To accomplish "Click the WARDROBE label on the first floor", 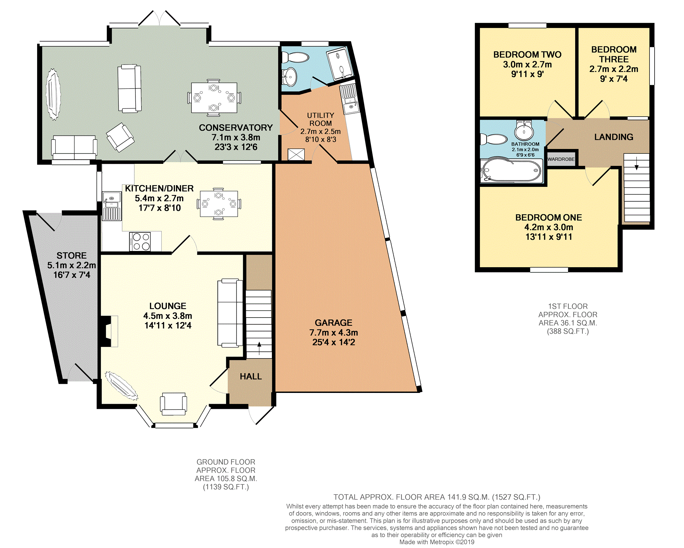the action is (561, 159).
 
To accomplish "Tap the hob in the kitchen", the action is (140, 242).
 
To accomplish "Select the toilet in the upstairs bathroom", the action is (494, 139).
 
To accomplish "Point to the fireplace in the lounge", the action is (109, 331).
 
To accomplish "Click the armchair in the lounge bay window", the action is (174, 404).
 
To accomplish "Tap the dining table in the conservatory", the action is (214, 98).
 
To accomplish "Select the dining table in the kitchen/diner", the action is (219, 204).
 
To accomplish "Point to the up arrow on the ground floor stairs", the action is (259, 348).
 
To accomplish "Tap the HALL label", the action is (251, 376).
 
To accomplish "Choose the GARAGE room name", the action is (333, 323).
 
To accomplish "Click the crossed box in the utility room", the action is (296, 155).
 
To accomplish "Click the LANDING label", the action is (614, 137).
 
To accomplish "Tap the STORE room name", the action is (72, 255).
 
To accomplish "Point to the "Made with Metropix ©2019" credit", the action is (437, 542).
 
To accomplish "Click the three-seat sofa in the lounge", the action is (230, 313).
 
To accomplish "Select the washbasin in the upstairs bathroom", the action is (524, 130).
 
